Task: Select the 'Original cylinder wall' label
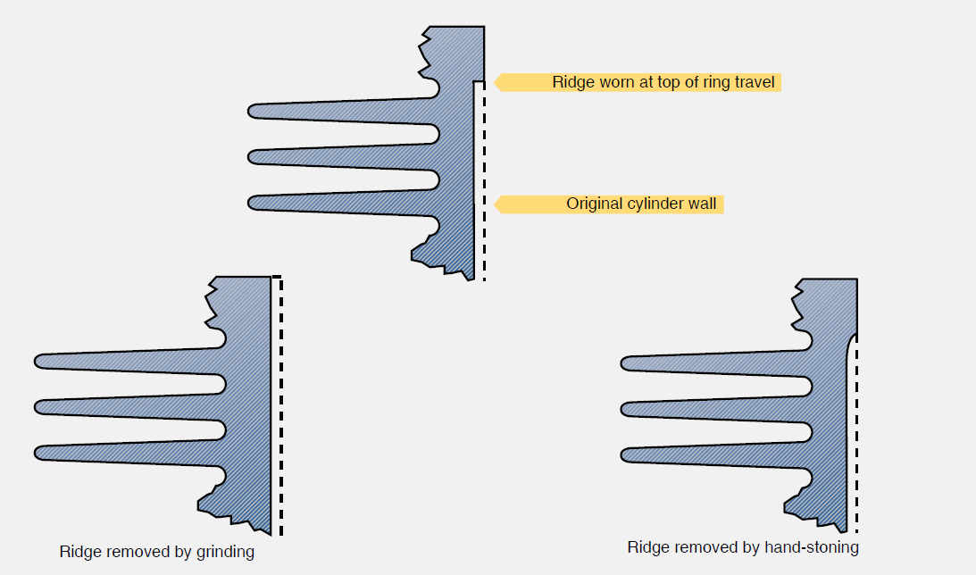641,204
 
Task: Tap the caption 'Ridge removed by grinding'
157,552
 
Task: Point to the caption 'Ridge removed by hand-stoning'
743,547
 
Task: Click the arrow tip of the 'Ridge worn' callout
496,82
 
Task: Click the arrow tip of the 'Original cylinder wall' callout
496,204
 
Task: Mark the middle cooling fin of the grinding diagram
125,406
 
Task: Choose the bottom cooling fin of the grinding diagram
125,452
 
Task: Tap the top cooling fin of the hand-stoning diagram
714,362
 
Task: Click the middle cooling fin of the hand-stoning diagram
714,408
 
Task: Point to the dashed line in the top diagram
485,179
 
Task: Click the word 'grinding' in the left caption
226,552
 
